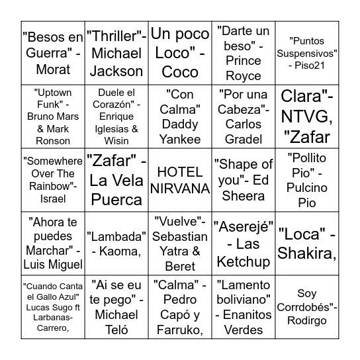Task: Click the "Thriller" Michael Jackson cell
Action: [x=116, y=53]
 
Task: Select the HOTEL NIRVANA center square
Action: [x=179, y=180]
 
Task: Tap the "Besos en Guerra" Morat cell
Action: [x=52, y=53]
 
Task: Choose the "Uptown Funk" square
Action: [x=52, y=116]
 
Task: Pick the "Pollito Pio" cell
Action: [x=307, y=180]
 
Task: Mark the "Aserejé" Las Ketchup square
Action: [x=244, y=244]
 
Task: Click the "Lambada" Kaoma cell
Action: [x=116, y=244]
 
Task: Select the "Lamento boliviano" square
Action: [x=244, y=307]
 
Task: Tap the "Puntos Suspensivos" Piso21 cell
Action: [x=307, y=53]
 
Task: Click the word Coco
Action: [x=180, y=70]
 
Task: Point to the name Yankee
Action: [x=180, y=140]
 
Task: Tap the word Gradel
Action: [x=244, y=140]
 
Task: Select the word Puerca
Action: [x=116, y=199]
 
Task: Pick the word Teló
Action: [x=116, y=330]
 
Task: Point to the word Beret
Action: [x=180, y=267]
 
